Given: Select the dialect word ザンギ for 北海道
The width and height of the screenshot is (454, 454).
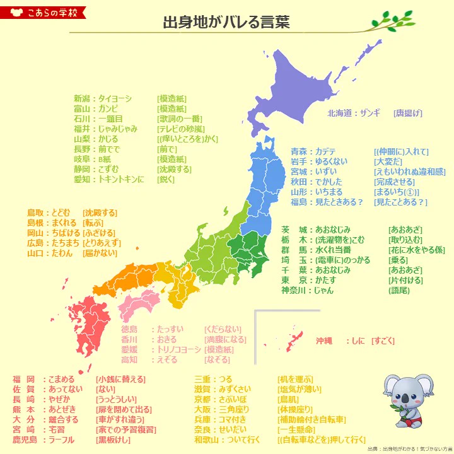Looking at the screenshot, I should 371,113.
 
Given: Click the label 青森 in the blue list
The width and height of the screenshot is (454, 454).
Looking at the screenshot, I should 299,152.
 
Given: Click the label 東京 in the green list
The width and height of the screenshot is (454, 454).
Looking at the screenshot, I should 294,281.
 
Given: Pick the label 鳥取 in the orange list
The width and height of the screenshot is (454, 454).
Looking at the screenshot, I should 35,213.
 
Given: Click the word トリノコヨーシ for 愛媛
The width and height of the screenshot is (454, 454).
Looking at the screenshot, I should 178,349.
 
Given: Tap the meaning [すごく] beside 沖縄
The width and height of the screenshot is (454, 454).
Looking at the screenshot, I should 383,341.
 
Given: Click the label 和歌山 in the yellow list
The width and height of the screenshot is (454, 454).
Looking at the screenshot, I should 207,440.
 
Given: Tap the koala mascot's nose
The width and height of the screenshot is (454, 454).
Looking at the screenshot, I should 408,397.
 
